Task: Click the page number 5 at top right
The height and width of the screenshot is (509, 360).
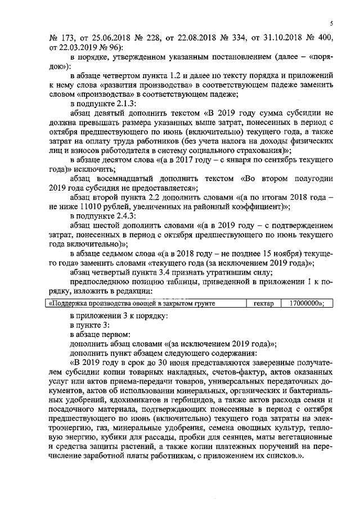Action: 332,23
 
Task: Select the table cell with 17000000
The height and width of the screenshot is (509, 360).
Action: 305,303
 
